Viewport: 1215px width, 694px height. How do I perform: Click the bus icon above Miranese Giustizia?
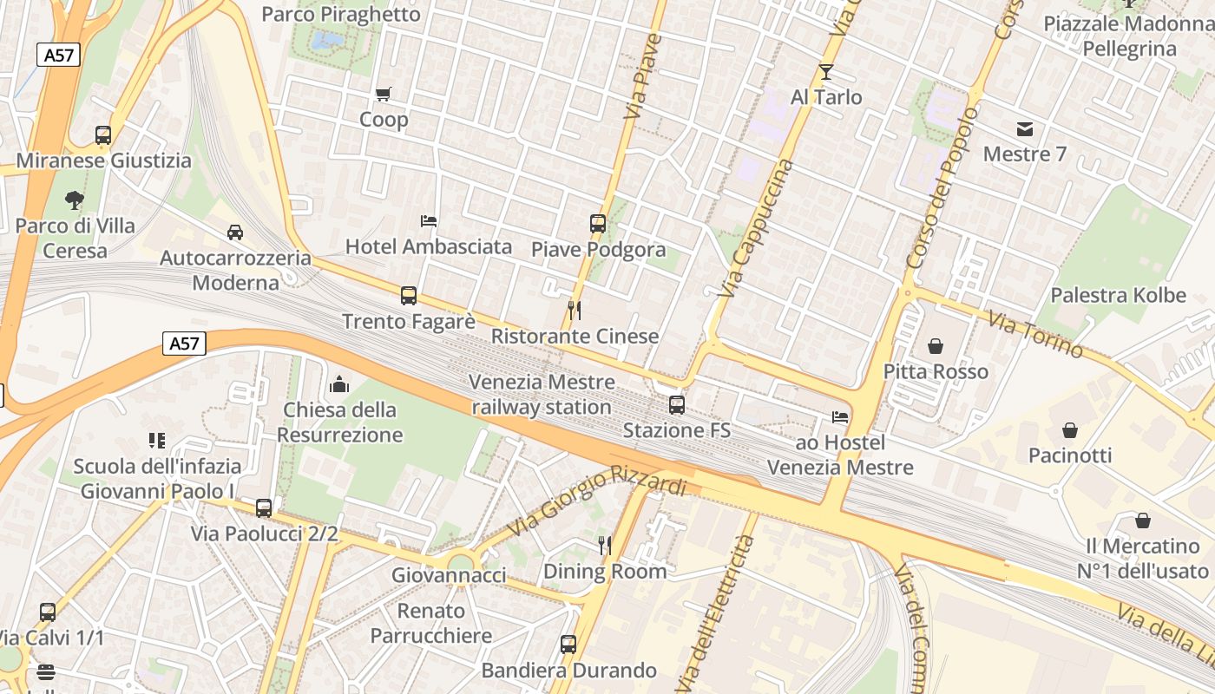click(x=103, y=135)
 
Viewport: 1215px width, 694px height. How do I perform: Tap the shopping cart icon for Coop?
click(x=383, y=94)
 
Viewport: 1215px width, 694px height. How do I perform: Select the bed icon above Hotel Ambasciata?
click(x=429, y=220)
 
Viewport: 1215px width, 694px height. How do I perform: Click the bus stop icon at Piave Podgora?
click(x=598, y=223)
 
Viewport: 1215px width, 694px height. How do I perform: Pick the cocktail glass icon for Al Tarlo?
click(x=825, y=71)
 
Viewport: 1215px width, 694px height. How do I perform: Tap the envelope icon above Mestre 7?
click(x=1025, y=129)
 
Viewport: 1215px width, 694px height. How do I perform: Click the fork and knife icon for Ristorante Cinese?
click(x=574, y=310)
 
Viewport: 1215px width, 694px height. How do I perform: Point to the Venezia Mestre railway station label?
click(x=542, y=395)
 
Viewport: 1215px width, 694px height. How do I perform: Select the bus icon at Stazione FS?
click(x=676, y=404)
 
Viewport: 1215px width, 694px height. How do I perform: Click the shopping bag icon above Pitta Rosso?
click(x=936, y=346)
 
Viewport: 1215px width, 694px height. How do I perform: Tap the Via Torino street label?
click(x=1035, y=334)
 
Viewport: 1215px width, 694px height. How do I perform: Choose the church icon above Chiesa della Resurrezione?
click(x=339, y=383)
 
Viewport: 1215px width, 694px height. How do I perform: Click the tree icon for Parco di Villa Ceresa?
click(x=75, y=200)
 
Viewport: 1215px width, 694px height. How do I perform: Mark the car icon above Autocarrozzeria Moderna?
click(x=234, y=232)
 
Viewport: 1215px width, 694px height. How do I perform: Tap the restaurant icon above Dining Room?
click(x=605, y=545)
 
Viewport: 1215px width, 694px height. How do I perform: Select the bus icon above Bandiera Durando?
click(x=568, y=645)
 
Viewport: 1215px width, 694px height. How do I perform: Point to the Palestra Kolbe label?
click(x=1118, y=295)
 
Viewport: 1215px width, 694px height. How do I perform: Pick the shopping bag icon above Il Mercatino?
click(x=1143, y=520)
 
